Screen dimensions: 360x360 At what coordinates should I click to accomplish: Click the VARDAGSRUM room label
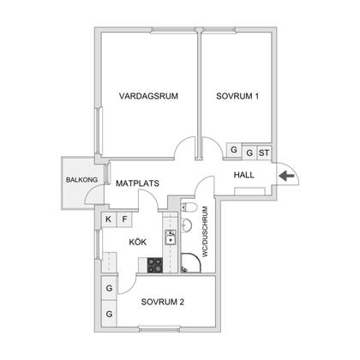pos(148,96)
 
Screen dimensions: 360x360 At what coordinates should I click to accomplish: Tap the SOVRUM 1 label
pos(237,96)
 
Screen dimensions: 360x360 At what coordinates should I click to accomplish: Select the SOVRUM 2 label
pos(163,302)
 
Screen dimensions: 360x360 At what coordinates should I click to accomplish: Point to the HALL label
pos(244,175)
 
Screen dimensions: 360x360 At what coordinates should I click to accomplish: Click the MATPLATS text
pos(137,183)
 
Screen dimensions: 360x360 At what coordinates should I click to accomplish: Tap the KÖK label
pos(138,242)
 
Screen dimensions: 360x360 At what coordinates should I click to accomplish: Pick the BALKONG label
pos(81,180)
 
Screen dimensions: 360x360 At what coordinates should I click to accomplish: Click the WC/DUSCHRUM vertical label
pos(205,232)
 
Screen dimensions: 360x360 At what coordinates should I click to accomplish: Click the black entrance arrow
pos(286,176)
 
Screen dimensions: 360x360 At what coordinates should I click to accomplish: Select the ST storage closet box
pos(264,153)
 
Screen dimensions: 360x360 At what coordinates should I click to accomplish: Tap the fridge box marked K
pos(109,219)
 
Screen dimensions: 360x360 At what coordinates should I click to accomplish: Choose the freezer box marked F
pos(124,219)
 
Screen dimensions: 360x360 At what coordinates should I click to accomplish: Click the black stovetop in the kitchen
pos(155,265)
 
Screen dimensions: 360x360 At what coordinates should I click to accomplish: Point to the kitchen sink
pos(171,237)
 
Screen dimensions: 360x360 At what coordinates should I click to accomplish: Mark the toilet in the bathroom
pos(189,207)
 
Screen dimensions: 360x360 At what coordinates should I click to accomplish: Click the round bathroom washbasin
pos(186,225)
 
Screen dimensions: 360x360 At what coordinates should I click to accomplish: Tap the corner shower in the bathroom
pos(191,263)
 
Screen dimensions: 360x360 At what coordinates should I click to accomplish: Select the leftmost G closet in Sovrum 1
pos(234,149)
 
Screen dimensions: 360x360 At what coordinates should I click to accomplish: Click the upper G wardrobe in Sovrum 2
pos(109,288)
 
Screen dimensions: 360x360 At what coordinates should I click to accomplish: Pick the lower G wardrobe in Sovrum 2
pos(109,314)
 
